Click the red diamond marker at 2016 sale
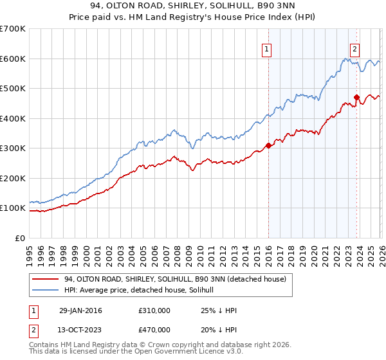coord(268,145)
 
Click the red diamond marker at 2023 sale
coord(356,98)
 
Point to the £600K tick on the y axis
coord(13,59)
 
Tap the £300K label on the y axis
coord(13,148)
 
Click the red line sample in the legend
coord(46,279)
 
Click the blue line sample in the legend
coord(46,291)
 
